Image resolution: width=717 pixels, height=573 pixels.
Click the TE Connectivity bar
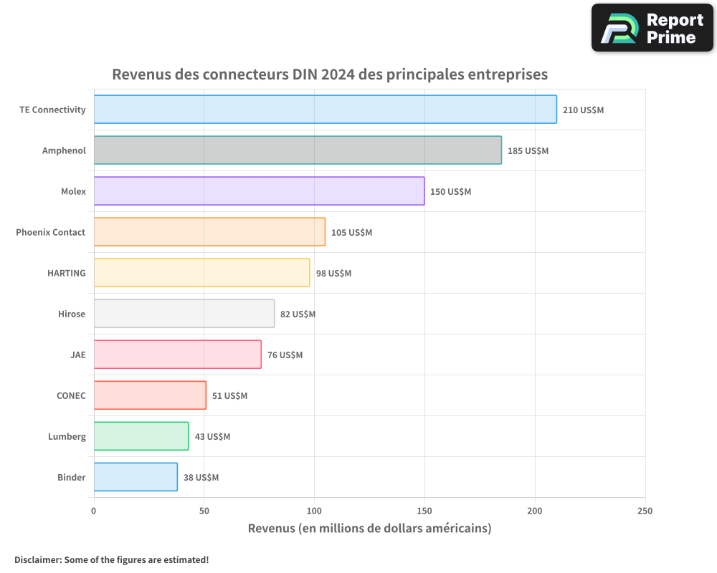tap(325, 110)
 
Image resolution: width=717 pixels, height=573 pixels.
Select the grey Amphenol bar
tap(298, 150)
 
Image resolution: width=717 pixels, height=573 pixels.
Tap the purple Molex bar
tap(259, 191)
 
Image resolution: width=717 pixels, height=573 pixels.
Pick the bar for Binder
tap(136, 477)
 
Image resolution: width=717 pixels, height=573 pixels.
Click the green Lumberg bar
tap(141, 436)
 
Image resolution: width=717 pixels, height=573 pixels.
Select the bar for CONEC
tap(150, 395)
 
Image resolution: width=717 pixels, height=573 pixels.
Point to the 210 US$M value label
tap(583, 110)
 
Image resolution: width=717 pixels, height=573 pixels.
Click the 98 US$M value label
tap(333, 274)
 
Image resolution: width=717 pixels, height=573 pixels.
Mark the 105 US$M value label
tap(351, 233)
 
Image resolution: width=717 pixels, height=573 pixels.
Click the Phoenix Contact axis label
tap(50, 232)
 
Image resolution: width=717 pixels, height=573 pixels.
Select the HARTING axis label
tap(66, 273)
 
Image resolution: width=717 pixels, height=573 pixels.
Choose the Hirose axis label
tap(72, 314)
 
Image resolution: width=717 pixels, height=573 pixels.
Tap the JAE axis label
tap(77, 355)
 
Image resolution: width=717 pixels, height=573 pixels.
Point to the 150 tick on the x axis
tap(424, 511)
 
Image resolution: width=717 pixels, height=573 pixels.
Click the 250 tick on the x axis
tap(645, 511)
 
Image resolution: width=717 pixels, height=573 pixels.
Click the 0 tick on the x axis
tap(94, 511)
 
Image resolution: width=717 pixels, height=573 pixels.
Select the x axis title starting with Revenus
tap(369, 529)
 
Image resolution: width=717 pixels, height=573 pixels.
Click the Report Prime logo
tap(652, 28)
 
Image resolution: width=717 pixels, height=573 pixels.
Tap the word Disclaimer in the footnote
tap(37, 559)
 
